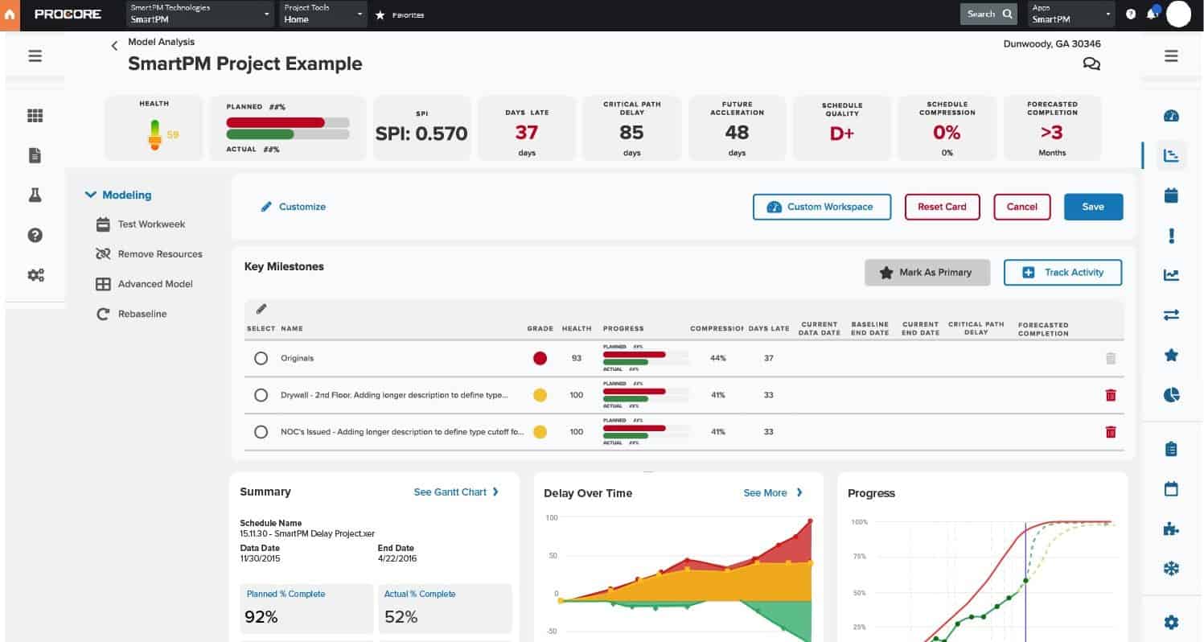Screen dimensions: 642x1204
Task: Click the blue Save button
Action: (x=1093, y=207)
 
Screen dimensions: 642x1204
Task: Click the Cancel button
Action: (x=1021, y=207)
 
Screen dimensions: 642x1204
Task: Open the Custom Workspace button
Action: (x=822, y=207)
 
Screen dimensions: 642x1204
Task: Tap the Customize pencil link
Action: (x=294, y=207)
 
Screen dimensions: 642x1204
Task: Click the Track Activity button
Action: (x=1062, y=273)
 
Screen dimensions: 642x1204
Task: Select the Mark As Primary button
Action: (x=927, y=273)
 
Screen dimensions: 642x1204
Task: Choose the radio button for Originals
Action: (x=261, y=358)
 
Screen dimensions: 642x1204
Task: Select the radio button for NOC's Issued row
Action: (x=261, y=432)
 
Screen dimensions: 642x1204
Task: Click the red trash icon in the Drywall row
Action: (x=1111, y=395)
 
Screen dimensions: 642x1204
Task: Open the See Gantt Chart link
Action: (x=456, y=492)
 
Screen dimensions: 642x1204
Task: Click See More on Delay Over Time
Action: (x=772, y=492)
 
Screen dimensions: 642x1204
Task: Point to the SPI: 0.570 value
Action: (x=421, y=134)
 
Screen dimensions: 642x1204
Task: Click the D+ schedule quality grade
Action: (x=841, y=134)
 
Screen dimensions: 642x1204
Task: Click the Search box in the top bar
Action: (x=988, y=14)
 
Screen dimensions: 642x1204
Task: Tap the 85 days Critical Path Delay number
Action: (x=631, y=133)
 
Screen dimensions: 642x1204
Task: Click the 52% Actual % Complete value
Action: (x=401, y=617)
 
